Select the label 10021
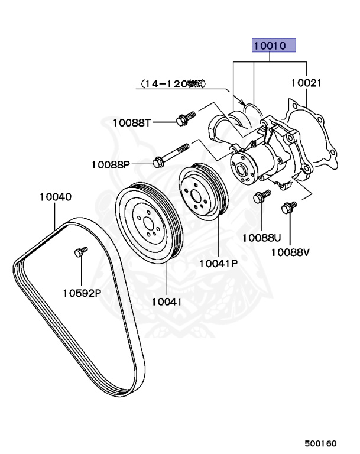[306, 83]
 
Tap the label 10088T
[132, 122]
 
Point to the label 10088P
[110, 164]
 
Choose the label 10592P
[82, 292]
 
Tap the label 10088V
[290, 252]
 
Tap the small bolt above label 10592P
[80, 252]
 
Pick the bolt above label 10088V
[290, 208]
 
